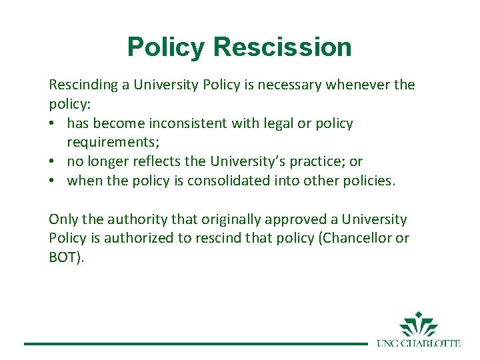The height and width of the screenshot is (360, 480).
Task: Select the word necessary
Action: tap(285, 85)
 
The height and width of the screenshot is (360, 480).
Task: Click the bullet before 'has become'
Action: tap(53, 124)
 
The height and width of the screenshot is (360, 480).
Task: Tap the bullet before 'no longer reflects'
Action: tap(53, 162)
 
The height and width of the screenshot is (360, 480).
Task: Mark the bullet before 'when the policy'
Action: tap(53, 181)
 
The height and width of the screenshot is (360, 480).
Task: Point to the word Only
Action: tap(63, 219)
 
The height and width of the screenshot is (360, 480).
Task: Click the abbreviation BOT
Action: tap(64, 257)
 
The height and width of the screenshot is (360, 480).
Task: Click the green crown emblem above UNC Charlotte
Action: tap(419, 325)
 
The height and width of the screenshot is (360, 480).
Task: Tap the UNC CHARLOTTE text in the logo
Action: tap(419, 343)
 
